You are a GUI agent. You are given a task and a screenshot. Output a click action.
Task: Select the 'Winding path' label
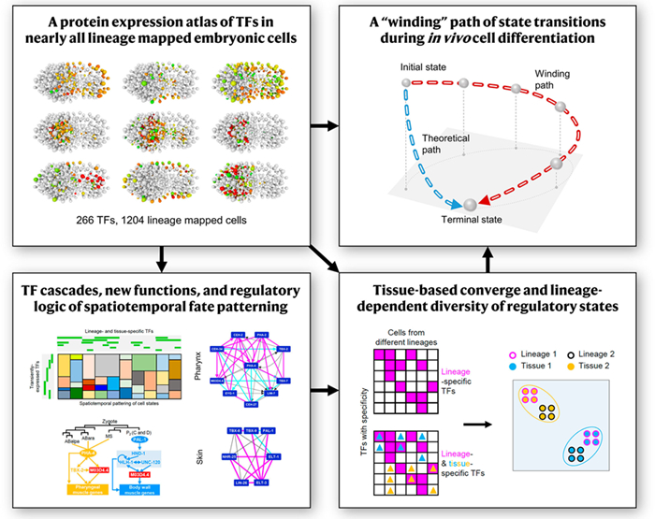[555, 79]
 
